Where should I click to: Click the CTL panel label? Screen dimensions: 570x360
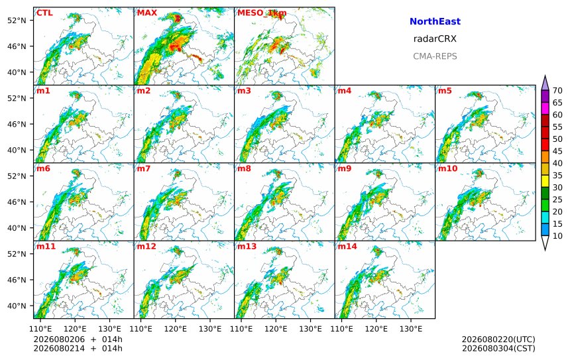(x=44, y=13)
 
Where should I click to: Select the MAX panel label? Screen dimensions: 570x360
(x=147, y=13)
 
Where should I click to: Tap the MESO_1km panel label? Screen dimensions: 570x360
(x=262, y=13)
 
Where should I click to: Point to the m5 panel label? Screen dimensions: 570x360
(x=445, y=91)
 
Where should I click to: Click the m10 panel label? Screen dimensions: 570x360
(x=447, y=168)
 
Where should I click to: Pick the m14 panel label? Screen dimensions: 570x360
(x=347, y=247)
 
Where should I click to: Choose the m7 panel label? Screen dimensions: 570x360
(x=144, y=168)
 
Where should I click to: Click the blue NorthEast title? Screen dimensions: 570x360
(x=435, y=21)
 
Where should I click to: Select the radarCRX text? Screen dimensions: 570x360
(x=435, y=39)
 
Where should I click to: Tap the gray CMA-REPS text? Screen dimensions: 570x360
(x=435, y=56)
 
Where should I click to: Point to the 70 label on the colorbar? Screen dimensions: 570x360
(x=557, y=91)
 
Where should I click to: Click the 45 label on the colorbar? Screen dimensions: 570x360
(x=557, y=151)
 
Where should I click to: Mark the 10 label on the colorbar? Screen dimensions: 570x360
(x=557, y=236)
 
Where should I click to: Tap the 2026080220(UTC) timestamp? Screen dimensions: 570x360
(x=498, y=339)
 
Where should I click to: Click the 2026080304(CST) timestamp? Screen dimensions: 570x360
(x=498, y=348)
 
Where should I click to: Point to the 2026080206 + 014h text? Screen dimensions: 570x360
(x=78, y=339)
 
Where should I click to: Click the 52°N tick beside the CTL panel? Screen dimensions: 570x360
(x=17, y=21)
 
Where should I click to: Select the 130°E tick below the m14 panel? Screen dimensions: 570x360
(x=411, y=329)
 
